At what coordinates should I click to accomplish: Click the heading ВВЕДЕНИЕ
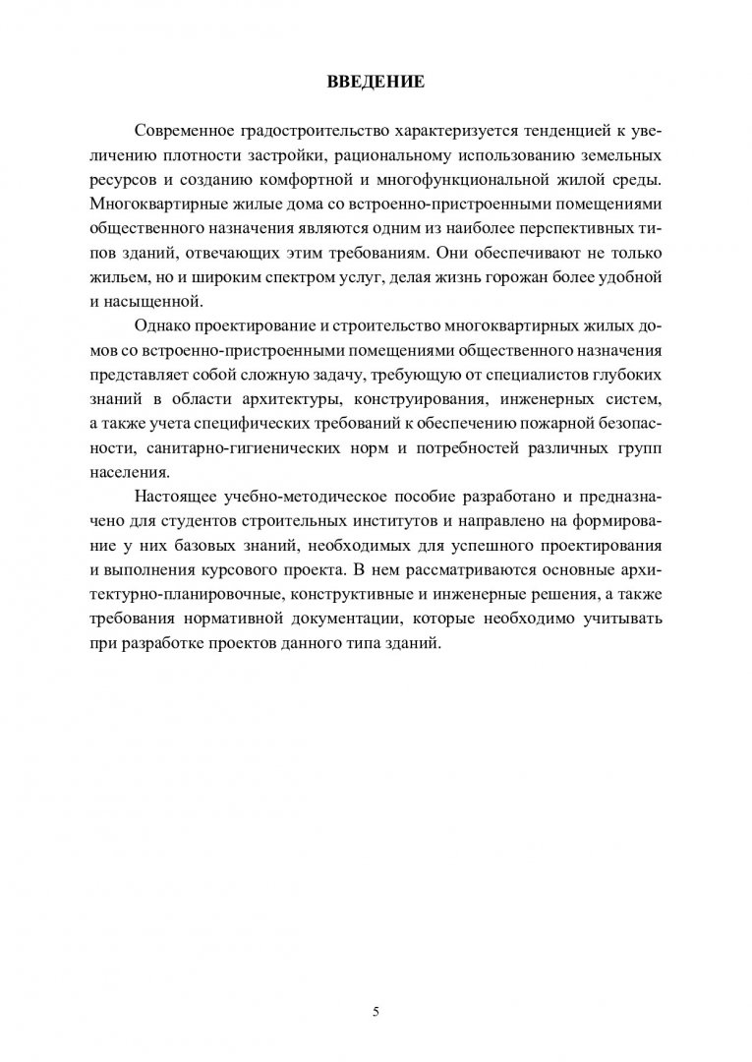376,82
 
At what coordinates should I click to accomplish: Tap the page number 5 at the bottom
376,984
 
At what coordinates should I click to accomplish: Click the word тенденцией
532,131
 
